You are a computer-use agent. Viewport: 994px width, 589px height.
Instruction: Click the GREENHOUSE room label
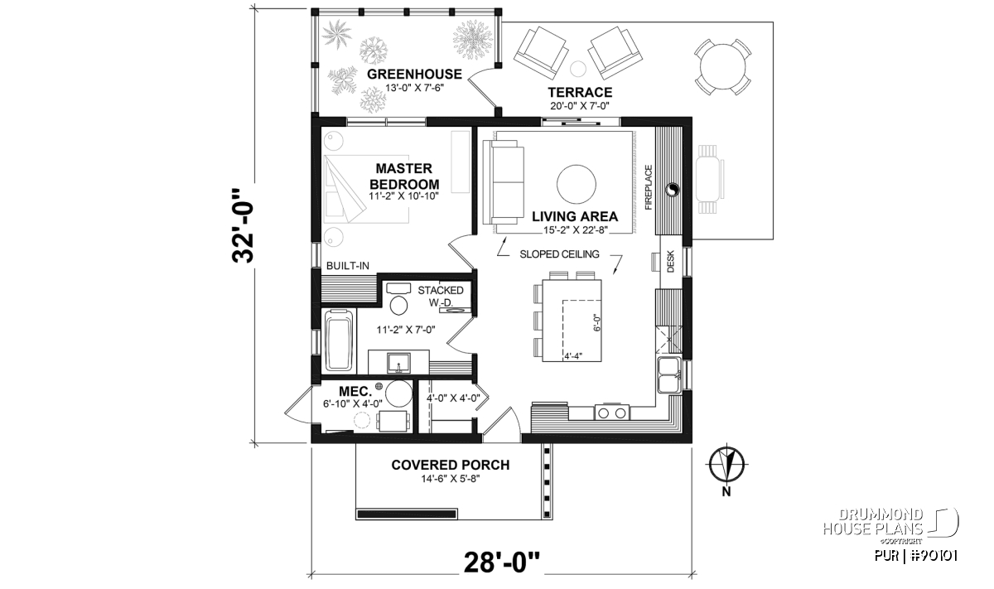tap(414, 74)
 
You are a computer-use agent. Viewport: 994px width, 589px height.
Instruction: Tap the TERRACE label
tap(580, 92)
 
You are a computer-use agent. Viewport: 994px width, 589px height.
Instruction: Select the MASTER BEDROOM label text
tap(404, 176)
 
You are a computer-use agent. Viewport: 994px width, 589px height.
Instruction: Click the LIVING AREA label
tap(575, 216)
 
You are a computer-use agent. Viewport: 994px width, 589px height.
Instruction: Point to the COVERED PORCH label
tap(450, 465)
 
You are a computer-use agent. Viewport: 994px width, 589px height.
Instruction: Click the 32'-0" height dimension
tap(244, 225)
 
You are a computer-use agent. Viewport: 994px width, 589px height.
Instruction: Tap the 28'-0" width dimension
tap(501, 562)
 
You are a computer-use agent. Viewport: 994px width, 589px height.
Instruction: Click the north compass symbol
tap(726, 465)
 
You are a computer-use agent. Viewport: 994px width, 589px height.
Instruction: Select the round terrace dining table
tap(722, 67)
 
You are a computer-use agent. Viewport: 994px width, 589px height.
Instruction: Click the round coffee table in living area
tap(576, 184)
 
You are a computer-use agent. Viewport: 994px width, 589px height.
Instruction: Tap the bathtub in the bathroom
tap(340, 340)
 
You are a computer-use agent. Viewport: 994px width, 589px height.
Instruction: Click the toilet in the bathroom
tap(399, 299)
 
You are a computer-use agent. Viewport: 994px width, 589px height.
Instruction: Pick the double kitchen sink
tap(669, 375)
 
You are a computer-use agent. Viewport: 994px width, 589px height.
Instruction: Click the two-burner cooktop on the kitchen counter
tap(611, 413)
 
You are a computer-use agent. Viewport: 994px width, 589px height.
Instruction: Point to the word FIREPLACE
tap(649, 187)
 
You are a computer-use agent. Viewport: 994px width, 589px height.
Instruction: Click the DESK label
tap(670, 261)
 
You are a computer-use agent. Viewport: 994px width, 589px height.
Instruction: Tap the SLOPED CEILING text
tap(559, 254)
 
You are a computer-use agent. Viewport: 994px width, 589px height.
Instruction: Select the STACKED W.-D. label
tap(440, 296)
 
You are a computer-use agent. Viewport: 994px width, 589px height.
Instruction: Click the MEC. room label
tap(355, 392)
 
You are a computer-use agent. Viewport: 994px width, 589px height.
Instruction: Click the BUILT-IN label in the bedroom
tap(347, 266)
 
